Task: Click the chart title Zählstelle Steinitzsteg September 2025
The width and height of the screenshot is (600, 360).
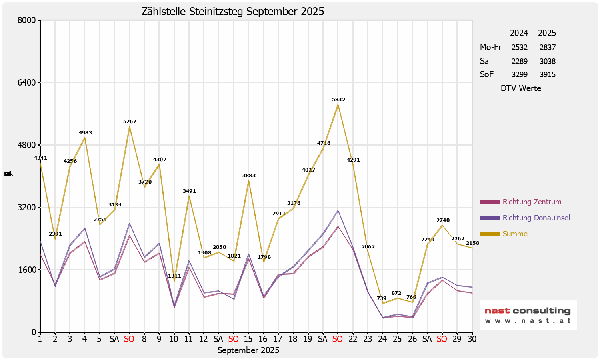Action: [233, 12]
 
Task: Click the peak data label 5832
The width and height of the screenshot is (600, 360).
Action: [338, 100]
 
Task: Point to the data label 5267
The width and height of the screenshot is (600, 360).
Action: [130, 122]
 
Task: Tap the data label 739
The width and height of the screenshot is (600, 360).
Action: [382, 298]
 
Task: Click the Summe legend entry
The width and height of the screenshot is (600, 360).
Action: [515, 234]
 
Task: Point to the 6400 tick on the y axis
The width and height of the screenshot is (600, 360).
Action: [28, 83]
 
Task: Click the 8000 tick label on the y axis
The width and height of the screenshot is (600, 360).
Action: [28, 20]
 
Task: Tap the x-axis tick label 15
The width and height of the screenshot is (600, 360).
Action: [248, 339]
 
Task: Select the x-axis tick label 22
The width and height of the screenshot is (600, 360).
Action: [352, 339]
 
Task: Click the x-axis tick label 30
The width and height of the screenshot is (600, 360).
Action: [472, 339]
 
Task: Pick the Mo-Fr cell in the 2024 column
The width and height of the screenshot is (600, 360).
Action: [519, 47]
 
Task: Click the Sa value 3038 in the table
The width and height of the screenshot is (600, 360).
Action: [547, 61]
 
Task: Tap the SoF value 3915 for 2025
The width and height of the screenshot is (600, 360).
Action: [547, 74]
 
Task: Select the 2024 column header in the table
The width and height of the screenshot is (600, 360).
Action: [519, 33]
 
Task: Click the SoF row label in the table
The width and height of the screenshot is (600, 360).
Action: [487, 74]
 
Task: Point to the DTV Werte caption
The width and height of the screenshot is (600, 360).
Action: [521, 88]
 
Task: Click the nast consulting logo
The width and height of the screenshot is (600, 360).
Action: [528, 315]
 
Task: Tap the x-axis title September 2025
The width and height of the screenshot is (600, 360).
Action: [248, 350]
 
